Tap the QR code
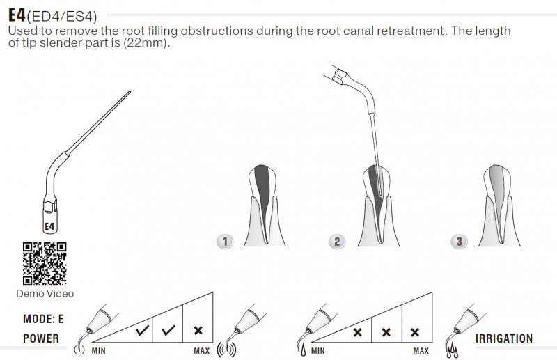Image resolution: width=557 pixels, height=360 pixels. pyautogui.click(x=44, y=263)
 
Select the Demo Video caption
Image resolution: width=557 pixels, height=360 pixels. pyautogui.click(x=45, y=294)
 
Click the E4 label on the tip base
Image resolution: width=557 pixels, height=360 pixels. pyautogui.click(x=49, y=226)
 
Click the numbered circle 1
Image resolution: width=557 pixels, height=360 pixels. pyautogui.click(x=225, y=241)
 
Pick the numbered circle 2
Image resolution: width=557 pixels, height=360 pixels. pyautogui.click(x=337, y=241)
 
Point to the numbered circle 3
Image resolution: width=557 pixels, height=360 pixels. pyautogui.click(x=458, y=241)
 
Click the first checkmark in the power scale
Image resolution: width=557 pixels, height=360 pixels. pyautogui.click(x=142, y=331)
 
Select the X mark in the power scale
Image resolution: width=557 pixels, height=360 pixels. pyautogui.click(x=198, y=331)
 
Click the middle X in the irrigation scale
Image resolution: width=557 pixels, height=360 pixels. pyautogui.click(x=386, y=332)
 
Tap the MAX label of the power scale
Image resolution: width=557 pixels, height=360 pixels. pyautogui.click(x=201, y=350)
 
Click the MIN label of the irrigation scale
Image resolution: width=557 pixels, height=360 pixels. pyautogui.click(x=317, y=350)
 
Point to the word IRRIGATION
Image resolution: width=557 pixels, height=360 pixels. pyautogui.click(x=503, y=339)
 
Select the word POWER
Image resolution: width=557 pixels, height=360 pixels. pyautogui.click(x=41, y=339)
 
